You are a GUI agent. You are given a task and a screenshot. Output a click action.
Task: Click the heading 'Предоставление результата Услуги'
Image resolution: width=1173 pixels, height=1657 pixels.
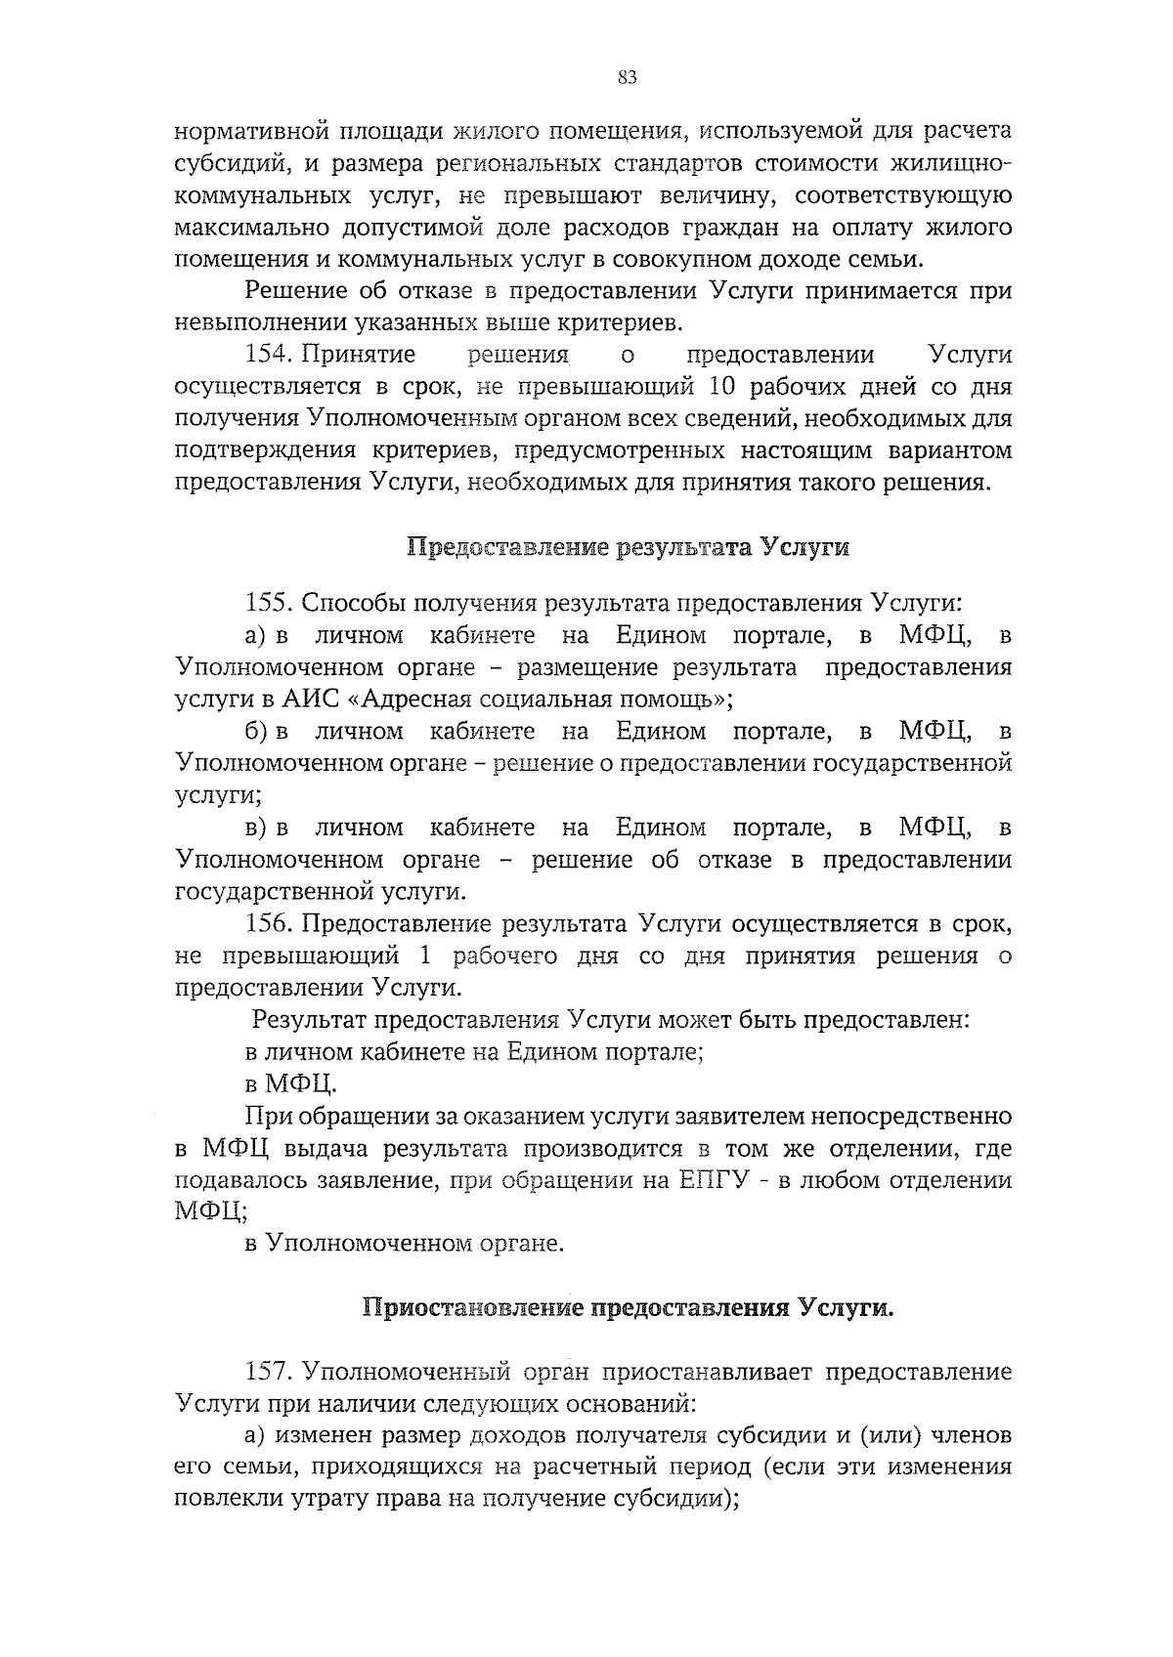[628, 547]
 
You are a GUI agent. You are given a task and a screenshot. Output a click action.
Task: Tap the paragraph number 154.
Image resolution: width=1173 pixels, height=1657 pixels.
[268, 354]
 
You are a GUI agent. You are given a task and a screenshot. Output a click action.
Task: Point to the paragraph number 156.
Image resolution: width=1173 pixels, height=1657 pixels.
[268, 923]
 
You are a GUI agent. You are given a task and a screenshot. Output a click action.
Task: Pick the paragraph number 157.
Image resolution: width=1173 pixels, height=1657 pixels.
[268, 1372]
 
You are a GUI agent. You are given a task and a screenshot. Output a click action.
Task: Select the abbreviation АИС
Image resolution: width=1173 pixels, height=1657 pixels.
[310, 700]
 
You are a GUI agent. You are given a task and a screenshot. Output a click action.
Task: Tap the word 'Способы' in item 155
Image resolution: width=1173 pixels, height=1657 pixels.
[349, 603]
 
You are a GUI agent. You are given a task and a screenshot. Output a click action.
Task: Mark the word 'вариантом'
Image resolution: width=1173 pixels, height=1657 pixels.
[951, 450]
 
